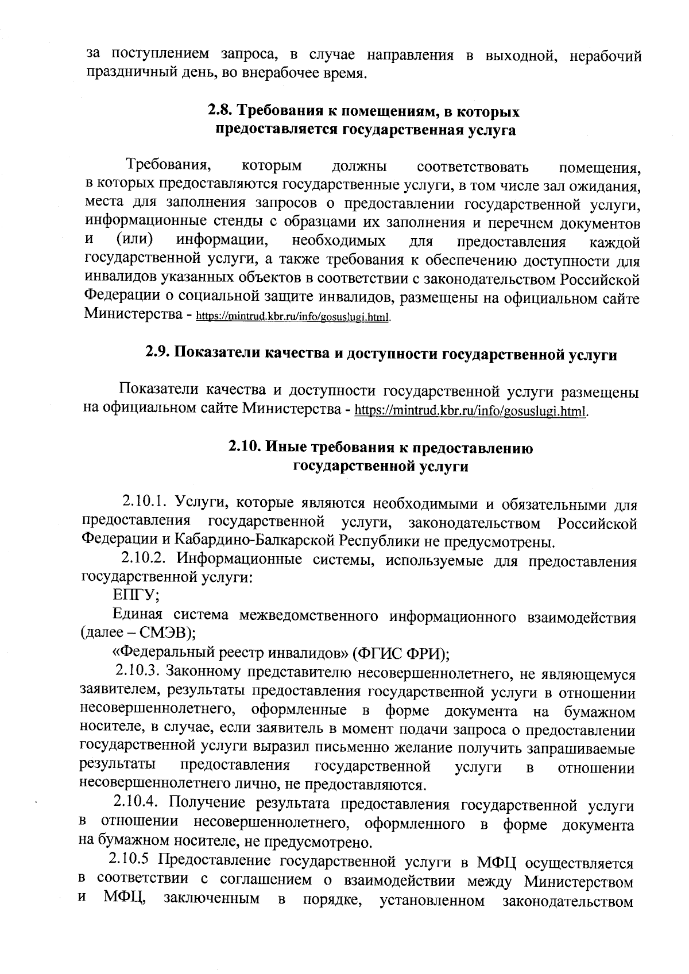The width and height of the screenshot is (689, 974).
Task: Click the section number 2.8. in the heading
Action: (220, 110)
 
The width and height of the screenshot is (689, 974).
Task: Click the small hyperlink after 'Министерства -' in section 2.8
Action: (294, 316)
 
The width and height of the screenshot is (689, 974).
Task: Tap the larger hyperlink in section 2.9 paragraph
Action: (473, 411)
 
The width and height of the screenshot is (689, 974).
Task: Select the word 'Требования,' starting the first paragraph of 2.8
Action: (168, 165)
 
